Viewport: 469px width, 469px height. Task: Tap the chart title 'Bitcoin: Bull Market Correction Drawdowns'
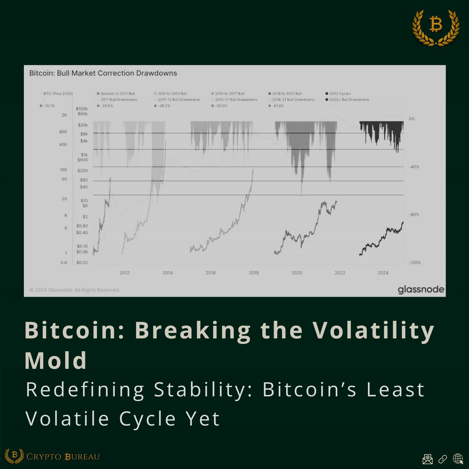(x=103, y=73)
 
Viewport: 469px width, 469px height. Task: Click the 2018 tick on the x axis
(x=254, y=272)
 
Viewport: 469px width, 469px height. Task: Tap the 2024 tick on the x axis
(x=383, y=272)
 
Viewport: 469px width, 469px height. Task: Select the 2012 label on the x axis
(x=125, y=272)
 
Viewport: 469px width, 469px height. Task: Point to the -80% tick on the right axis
(x=414, y=215)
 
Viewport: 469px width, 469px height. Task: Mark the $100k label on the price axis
(x=82, y=109)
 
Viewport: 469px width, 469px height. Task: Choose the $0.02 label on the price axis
(x=82, y=263)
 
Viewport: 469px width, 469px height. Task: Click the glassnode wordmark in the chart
(x=421, y=290)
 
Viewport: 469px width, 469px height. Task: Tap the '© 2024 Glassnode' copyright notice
(x=75, y=290)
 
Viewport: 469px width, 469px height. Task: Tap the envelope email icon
(x=427, y=458)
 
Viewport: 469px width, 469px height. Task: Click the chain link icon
(x=442, y=458)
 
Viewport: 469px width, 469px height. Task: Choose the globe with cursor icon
(x=458, y=458)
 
